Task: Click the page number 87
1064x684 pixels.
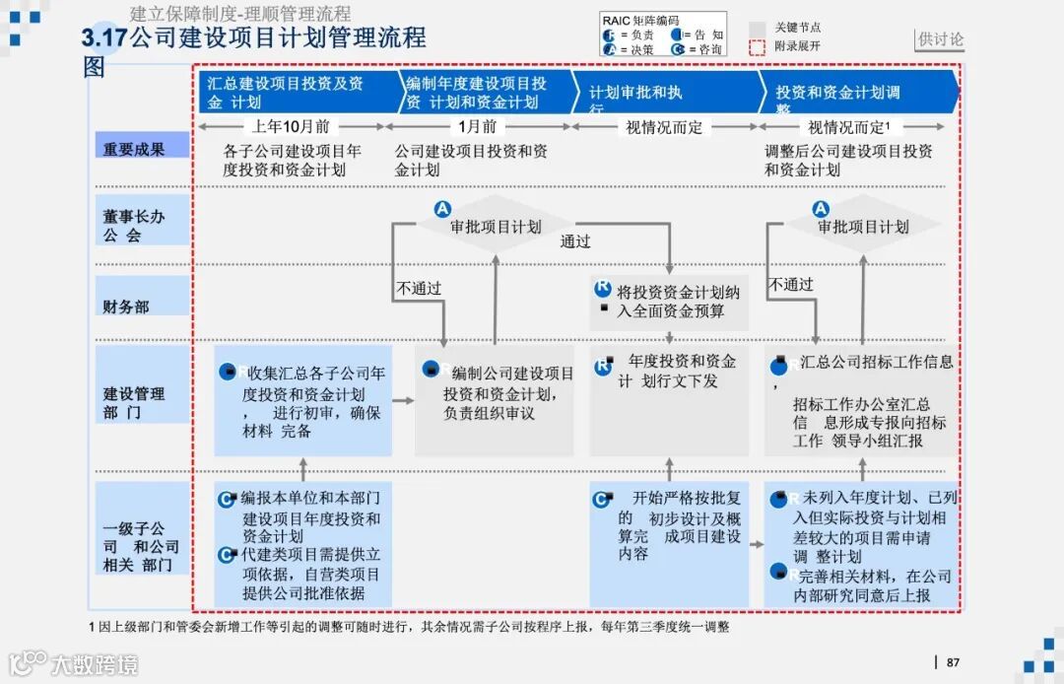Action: click(953, 662)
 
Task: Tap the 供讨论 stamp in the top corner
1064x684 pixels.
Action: click(940, 40)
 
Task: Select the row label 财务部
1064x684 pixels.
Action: click(127, 307)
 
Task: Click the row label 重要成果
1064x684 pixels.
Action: click(134, 149)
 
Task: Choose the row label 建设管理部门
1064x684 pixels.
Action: click(134, 402)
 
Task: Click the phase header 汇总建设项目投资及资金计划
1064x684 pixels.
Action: click(286, 93)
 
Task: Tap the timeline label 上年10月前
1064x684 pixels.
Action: click(291, 126)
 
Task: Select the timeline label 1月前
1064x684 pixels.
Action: click(478, 126)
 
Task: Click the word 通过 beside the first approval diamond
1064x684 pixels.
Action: click(575, 240)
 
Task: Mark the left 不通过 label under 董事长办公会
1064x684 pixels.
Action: click(419, 289)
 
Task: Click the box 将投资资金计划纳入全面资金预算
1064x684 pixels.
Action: click(670, 302)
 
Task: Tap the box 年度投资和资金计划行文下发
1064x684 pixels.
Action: click(670, 373)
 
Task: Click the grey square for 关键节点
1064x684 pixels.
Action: click(757, 29)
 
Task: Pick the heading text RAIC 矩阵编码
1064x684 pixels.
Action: click(640, 21)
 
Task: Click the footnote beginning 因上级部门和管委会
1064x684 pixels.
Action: click(409, 627)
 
